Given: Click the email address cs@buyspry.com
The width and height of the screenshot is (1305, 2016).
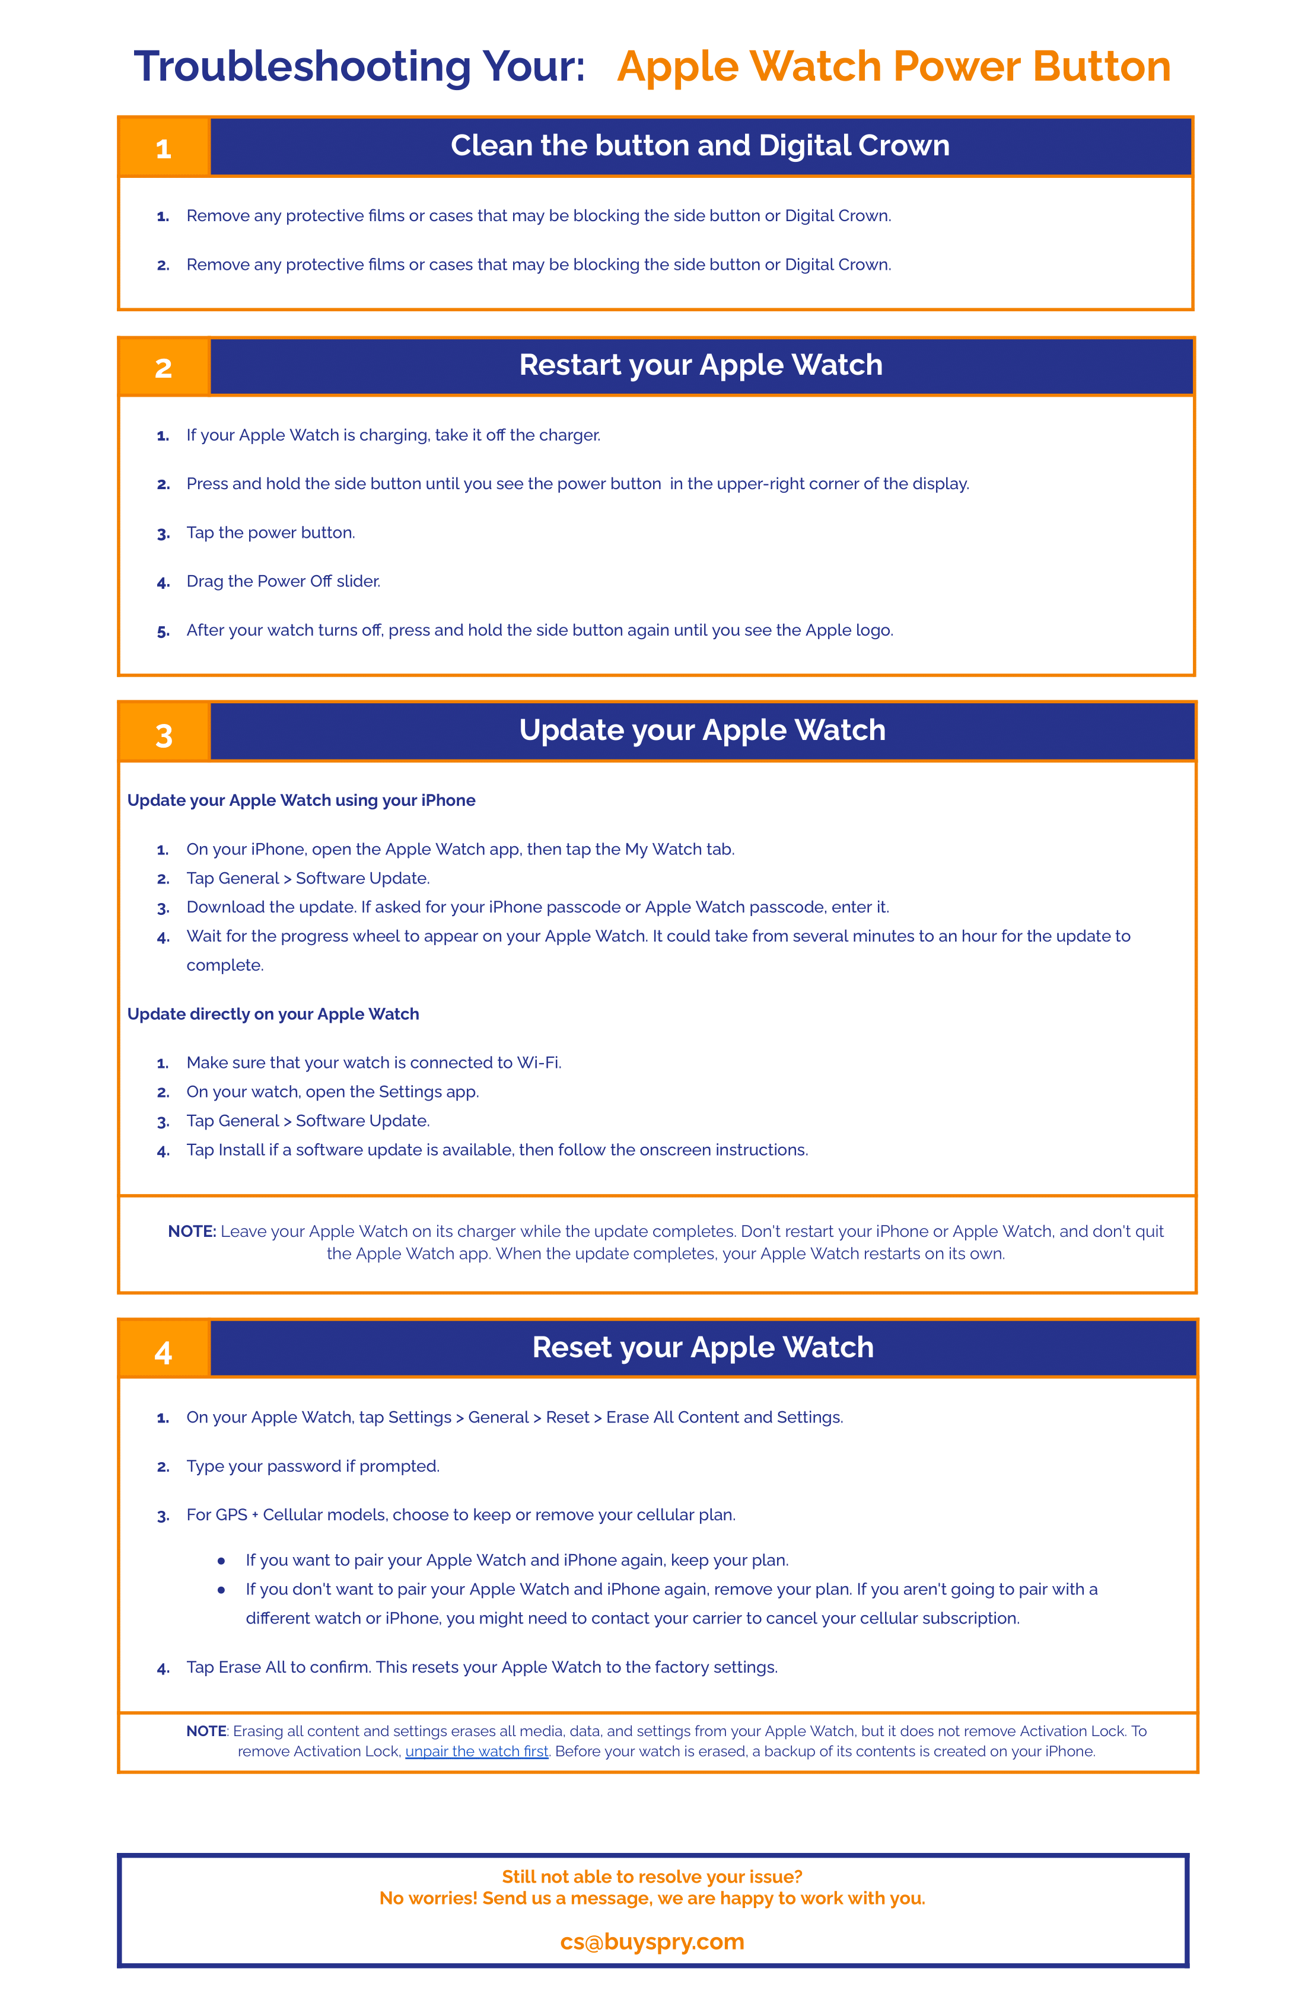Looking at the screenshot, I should click(652, 1941).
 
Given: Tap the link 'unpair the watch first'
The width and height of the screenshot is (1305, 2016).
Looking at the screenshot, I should click(476, 1751).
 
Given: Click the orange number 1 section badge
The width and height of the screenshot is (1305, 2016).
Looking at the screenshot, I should click(164, 148).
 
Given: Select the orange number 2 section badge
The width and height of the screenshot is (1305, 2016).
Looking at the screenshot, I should click(164, 368).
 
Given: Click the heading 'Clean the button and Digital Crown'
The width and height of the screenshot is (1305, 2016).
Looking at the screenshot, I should click(700, 146).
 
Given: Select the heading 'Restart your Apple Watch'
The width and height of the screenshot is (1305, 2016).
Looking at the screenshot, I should click(701, 365).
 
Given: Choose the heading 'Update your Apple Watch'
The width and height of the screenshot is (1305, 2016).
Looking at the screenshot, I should click(702, 730).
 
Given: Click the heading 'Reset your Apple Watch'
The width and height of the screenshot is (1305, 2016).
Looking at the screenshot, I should click(702, 1347).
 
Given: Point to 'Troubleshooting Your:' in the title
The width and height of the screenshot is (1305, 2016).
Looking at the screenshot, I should click(359, 66).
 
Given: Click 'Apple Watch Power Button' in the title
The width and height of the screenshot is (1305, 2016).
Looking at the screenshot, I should click(893, 66).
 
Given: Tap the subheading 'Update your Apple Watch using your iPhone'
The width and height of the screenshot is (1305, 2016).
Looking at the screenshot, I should click(301, 800).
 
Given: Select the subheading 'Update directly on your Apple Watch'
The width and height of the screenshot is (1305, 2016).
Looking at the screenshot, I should click(273, 1014).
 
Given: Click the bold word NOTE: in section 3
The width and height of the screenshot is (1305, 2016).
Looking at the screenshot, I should click(192, 1231).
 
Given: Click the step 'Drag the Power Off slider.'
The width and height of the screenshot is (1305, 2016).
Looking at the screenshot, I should click(283, 581).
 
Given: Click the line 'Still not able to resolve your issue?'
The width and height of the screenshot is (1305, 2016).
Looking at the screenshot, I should click(652, 1876).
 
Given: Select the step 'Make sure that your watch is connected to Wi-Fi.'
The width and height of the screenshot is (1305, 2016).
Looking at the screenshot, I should click(374, 1062).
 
